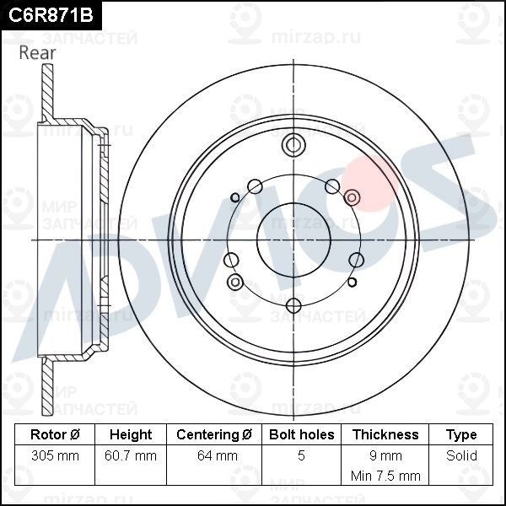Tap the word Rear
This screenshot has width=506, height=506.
pyautogui.click(x=37, y=52)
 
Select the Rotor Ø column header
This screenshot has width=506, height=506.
pyautogui.click(x=55, y=435)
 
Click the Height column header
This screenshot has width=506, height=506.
pyautogui.click(x=131, y=435)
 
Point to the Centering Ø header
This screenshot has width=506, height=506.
pyautogui.click(x=214, y=435)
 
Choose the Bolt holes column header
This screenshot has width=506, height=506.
pyautogui.click(x=301, y=435)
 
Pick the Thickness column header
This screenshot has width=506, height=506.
pyautogui.click(x=385, y=435)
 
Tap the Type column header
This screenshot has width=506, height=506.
pyautogui.click(x=461, y=435)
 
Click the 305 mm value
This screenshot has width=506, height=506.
pyautogui.click(x=55, y=456)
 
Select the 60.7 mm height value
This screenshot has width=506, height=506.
pyautogui.click(x=131, y=456)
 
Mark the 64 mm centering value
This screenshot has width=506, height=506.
pyautogui.click(x=214, y=456)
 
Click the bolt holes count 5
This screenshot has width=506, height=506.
pyautogui.click(x=301, y=456)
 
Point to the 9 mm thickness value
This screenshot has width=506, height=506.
pyautogui.click(x=385, y=456)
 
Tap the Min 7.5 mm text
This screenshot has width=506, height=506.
pyautogui.click(x=385, y=476)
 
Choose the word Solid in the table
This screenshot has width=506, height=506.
pyautogui.click(x=461, y=456)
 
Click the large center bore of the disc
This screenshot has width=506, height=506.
pyautogui.click(x=293, y=240)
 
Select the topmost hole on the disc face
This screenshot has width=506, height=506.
pyautogui.click(x=293, y=145)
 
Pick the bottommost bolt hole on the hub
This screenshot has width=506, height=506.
pyautogui.click(x=293, y=305)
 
